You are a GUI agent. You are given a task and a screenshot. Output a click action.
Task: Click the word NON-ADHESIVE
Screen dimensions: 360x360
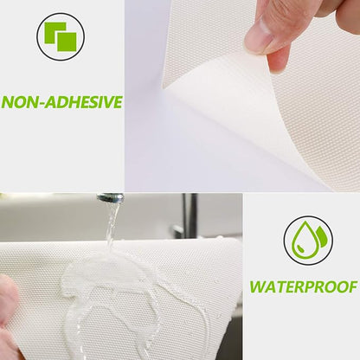coord(61,102)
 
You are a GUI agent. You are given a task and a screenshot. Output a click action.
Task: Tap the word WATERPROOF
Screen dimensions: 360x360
coord(304,287)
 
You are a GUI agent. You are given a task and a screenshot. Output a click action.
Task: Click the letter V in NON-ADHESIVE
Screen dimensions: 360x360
coord(106,102)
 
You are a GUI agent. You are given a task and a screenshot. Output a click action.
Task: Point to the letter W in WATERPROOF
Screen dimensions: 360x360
coord(258,287)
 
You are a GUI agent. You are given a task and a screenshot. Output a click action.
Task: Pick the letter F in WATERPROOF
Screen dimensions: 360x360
coord(352,287)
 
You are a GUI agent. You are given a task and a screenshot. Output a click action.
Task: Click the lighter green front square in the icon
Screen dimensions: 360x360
coord(67,42)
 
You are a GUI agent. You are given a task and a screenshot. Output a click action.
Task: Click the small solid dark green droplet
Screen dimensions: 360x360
coord(321,235)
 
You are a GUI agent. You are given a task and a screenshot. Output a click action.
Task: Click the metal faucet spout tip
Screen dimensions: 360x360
coord(111,197)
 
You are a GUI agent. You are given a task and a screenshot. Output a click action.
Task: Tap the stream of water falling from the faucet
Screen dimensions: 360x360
coord(112,225)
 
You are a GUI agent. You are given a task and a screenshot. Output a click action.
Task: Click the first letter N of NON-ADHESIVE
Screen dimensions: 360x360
coord(8,102)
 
